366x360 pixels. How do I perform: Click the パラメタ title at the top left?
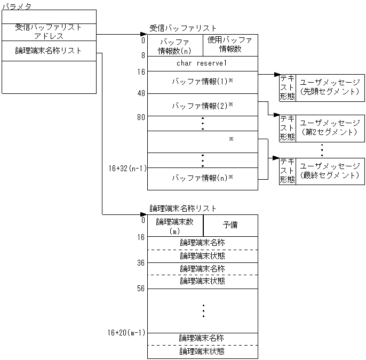pos(17,6)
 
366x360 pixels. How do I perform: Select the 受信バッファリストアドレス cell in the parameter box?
pos(49,32)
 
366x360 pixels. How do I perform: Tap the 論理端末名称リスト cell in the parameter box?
pos(49,51)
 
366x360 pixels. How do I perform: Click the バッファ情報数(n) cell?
pos(175,46)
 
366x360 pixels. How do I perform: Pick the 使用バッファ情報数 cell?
pos(230,45)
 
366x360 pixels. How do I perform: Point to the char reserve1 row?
pos(202,63)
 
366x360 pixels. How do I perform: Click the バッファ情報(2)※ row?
pos(202,105)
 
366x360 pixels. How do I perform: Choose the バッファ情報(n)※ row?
pos(202,178)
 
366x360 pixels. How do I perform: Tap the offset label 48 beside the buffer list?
pos(141,93)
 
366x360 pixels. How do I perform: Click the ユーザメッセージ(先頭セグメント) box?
pos(330,87)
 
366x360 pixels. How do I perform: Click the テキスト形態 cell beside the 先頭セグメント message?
pos(287,87)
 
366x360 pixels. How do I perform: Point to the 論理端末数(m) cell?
pos(175,226)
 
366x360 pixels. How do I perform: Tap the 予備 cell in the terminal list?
pos(230,225)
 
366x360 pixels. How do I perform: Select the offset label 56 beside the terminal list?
pos(141,289)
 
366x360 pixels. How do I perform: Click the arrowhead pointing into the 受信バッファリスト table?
pos(144,35)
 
